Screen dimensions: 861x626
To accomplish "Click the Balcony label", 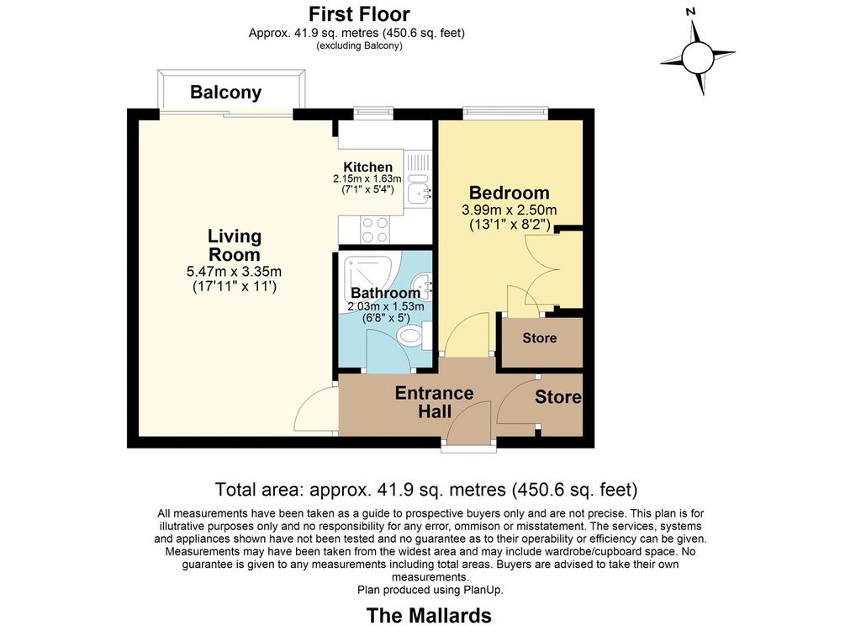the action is (225, 93).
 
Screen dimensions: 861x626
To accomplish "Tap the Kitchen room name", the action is (368, 167).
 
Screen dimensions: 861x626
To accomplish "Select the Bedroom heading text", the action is (509, 193).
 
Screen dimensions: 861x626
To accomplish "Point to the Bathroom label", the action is (385, 293).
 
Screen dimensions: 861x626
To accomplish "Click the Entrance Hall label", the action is (435, 402).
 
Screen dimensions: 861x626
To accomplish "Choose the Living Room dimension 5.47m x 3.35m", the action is (235, 271).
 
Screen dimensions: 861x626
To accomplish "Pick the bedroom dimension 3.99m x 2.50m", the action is (509, 210).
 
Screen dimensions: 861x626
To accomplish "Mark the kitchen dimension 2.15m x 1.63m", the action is (367, 179).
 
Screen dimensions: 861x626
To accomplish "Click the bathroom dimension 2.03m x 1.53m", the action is (385, 306).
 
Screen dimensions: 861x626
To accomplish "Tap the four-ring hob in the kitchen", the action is (375, 230).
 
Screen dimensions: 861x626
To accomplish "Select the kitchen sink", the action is (418, 187).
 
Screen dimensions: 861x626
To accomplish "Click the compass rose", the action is (698, 56).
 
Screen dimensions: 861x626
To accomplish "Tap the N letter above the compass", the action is (691, 11).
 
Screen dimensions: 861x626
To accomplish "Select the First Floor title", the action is (359, 13).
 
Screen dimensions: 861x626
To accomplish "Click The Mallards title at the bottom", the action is (429, 615).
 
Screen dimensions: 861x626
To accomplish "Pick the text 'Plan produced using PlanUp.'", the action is (430, 591).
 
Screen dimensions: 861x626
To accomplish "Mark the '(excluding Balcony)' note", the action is (359, 45).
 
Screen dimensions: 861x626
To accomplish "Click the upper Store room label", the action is (540, 338).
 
